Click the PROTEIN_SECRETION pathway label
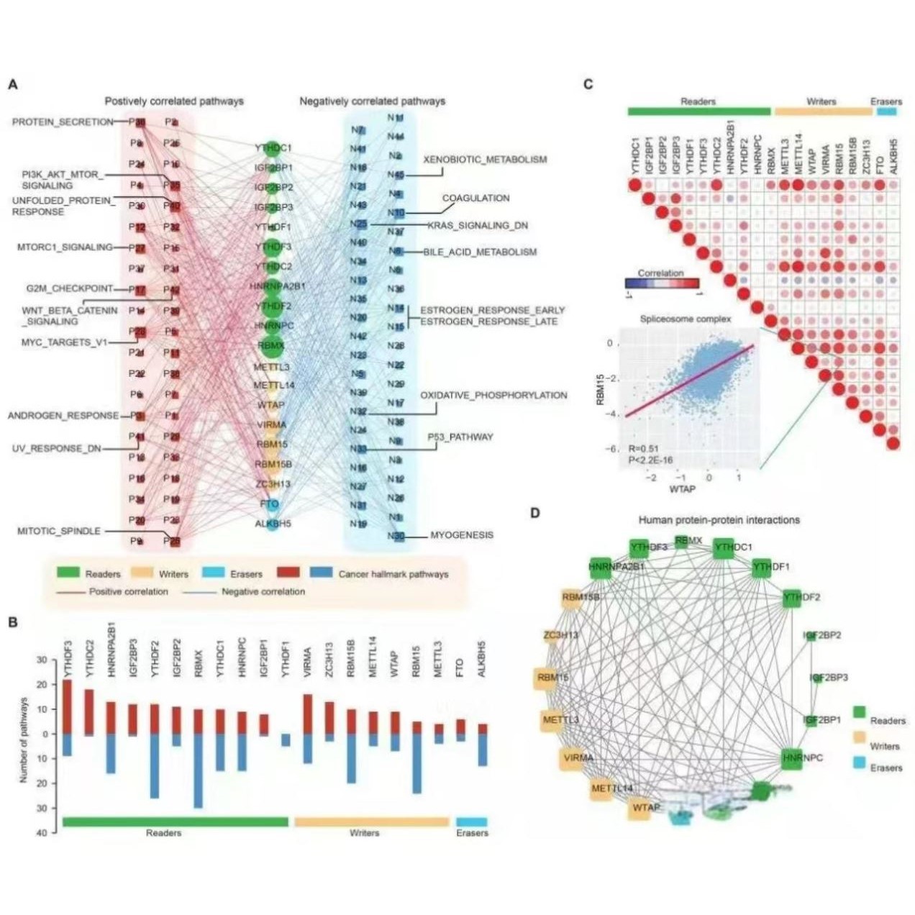pos(63,122)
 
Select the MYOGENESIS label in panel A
pos(462,535)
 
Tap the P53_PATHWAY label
pos(460,437)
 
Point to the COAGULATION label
pos(475,198)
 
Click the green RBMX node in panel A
pos(271,345)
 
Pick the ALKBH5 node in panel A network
pos(273,524)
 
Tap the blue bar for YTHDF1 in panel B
pos(286,739)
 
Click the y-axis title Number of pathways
pos(24,739)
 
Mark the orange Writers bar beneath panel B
pos(371,821)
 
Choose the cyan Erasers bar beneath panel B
pos(471,821)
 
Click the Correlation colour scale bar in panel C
pos(661,283)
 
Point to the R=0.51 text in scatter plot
pos(643,449)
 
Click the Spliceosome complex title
pos(685,319)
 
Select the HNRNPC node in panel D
pos(792,758)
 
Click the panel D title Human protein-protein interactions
pos(719,520)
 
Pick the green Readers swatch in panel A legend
pos(68,573)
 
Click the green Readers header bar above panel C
pos(698,111)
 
